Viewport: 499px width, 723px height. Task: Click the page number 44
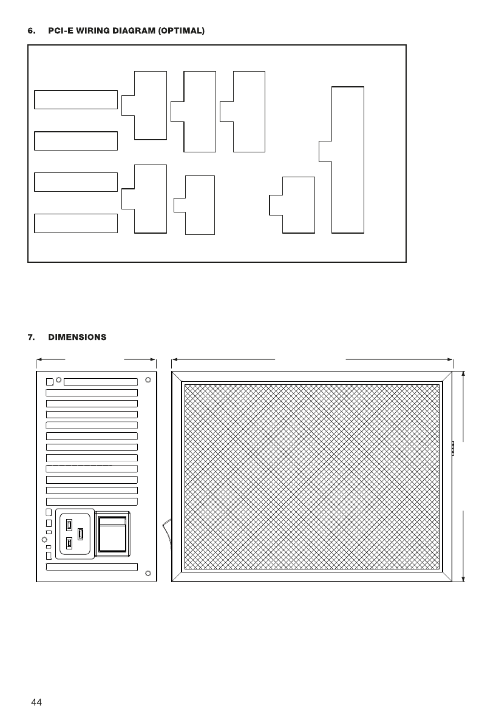36,702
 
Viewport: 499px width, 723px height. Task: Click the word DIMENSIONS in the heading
77,337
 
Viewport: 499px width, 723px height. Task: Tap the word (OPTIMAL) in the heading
182,31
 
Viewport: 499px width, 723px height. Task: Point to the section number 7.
31,337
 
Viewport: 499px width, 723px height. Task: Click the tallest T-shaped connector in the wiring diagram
348,160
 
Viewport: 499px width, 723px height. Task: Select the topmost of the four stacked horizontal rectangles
76,100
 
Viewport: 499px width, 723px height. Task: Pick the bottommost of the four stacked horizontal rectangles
76,223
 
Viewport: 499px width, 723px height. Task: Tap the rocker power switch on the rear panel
112,534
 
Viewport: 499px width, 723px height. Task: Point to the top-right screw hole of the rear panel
148,380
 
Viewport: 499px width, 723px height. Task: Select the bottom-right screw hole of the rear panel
148,573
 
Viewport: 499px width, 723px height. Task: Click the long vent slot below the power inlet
92,567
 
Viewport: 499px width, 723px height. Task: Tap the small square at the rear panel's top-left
50,382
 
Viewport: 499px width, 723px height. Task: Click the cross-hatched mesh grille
312,477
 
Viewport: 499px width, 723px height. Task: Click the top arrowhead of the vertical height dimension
463,374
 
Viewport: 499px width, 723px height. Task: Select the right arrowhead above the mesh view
450,359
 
